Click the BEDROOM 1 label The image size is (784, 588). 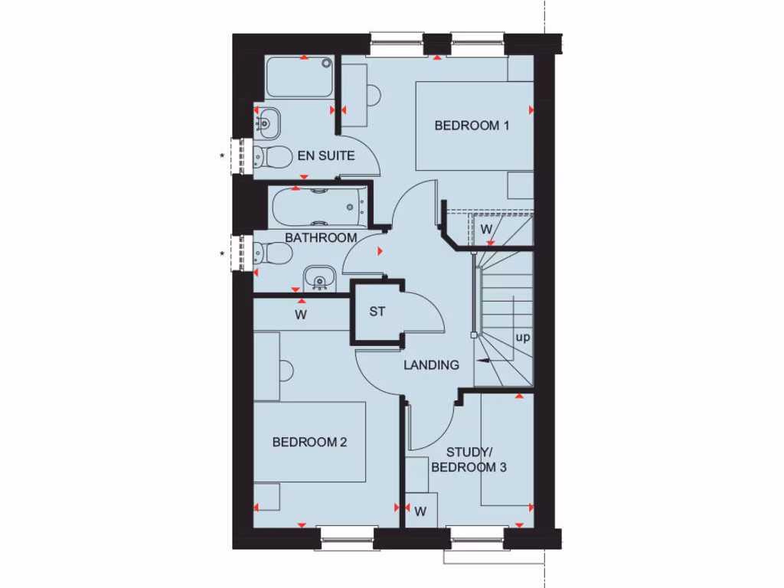click(472, 126)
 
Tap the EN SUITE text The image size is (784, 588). click(326, 156)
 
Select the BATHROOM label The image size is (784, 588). click(321, 238)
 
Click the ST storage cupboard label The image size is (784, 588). click(377, 312)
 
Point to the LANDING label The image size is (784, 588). click(432, 365)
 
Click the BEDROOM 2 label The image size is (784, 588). click(310, 442)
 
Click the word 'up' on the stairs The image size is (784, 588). click(523, 337)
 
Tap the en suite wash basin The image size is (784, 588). click(269, 120)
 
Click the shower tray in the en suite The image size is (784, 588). click(299, 77)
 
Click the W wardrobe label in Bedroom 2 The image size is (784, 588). click(301, 314)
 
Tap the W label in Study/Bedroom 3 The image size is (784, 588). click(420, 512)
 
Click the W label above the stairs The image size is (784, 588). click(485, 229)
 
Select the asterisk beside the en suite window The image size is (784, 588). click(222, 157)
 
